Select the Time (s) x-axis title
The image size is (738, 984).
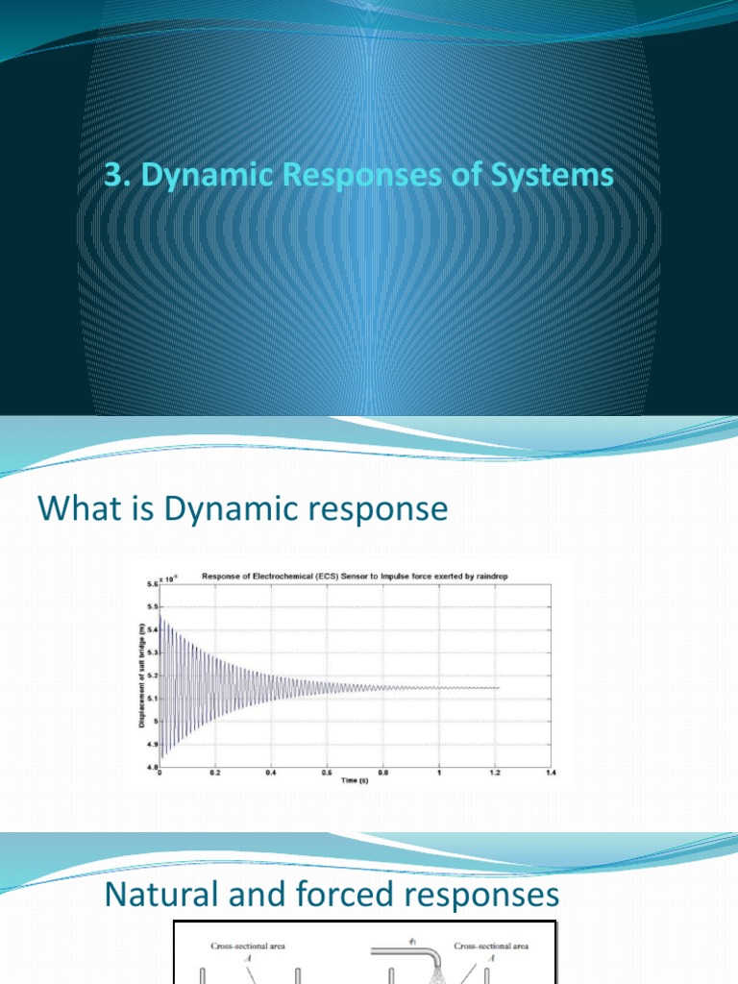coord(357,779)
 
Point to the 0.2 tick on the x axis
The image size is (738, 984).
coord(215,773)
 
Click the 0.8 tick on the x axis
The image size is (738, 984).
coord(383,773)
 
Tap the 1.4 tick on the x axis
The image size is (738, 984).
coord(552,773)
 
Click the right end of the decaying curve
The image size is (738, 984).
coord(500,687)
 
